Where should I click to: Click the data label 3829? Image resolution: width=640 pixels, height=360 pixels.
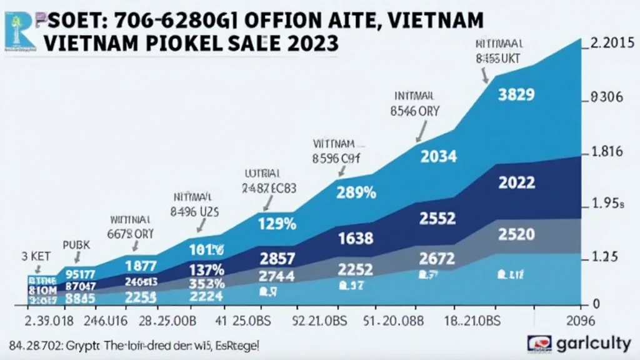point(516,95)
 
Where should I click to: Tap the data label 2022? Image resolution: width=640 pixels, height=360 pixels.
point(516,183)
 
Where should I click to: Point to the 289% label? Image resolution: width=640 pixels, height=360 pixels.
point(356,193)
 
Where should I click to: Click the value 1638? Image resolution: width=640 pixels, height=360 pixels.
point(355,238)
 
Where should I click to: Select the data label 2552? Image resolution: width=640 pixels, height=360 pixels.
point(437,219)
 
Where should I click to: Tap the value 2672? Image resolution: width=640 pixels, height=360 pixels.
point(437,258)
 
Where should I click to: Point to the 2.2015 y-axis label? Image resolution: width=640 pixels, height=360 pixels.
point(612,44)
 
